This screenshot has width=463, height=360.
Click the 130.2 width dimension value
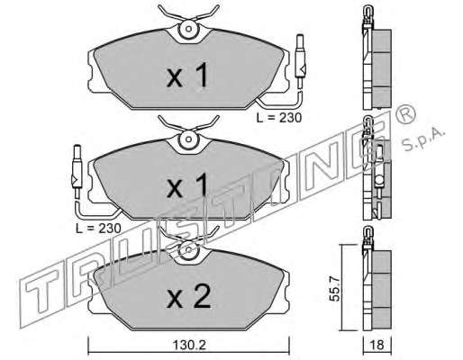[x=189, y=345]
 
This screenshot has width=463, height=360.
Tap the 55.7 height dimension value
[x=335, y=288]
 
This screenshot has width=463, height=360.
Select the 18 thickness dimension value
[x=377, y=345]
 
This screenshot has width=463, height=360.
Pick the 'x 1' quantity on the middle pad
[x=187, y=185]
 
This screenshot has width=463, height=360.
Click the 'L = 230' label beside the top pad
[x=279, y=118]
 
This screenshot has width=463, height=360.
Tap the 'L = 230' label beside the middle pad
[x=98, y=229]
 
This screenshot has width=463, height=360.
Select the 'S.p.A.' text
[x=422, y=140]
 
